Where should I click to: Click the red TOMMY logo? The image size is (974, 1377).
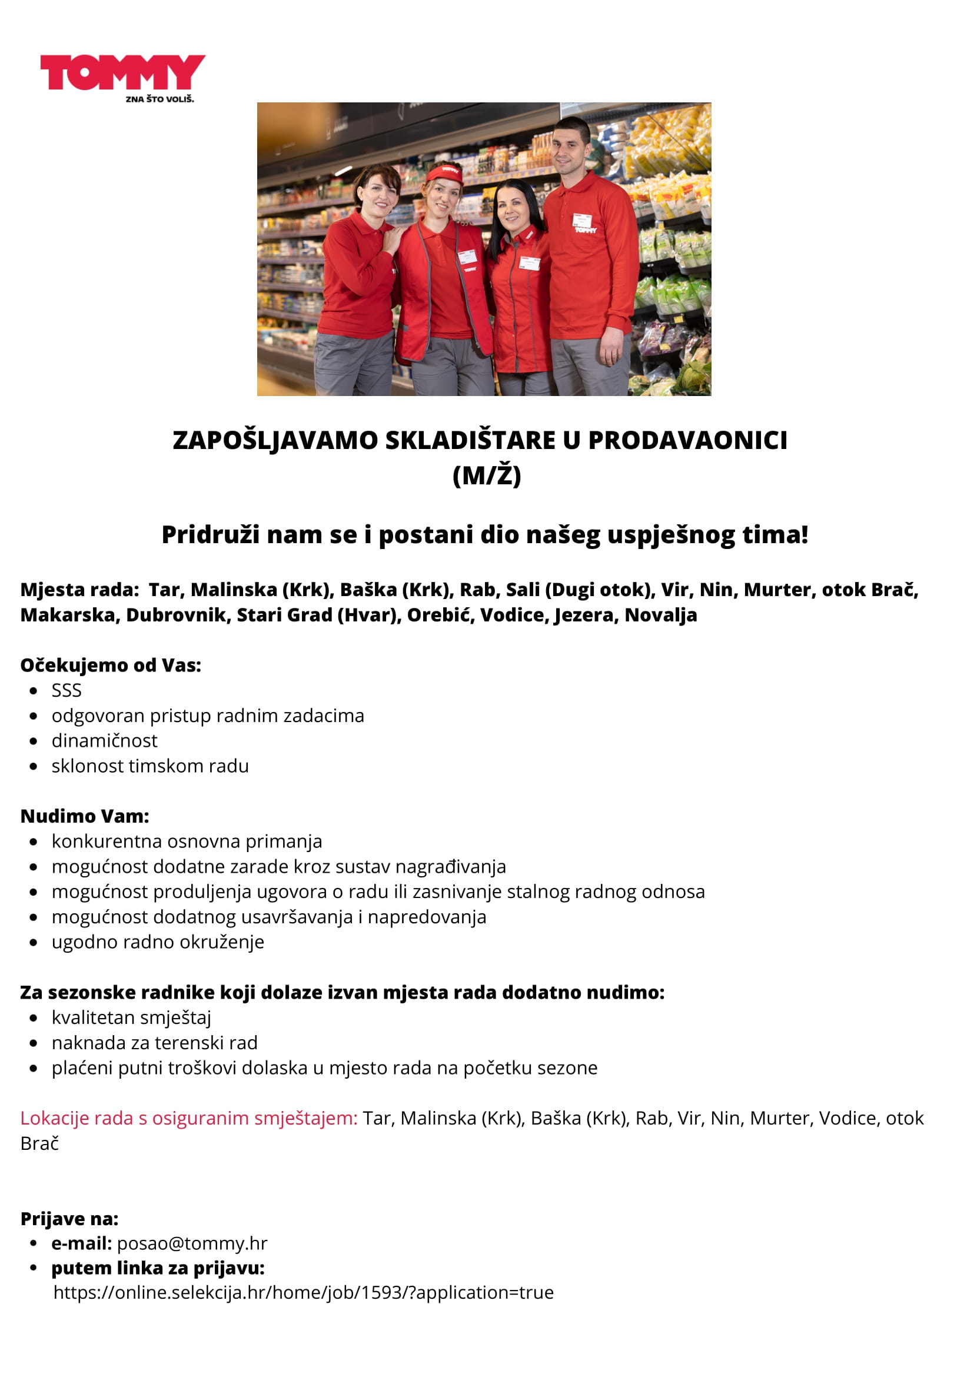122,72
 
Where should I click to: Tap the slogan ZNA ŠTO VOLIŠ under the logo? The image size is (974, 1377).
159,99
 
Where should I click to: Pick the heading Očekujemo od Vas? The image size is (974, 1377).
111,665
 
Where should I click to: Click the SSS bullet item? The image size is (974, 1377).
67,691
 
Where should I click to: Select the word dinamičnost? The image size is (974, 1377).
104,741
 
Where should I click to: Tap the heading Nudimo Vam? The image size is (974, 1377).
85,816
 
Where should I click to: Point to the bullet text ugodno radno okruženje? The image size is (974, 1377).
158,942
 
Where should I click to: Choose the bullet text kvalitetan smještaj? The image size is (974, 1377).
131,1018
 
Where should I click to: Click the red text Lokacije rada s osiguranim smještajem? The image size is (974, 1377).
189,1119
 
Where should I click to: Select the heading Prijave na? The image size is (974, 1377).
69,1219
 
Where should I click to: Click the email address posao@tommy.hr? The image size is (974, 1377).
192,1244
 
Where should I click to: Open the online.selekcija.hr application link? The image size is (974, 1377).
304,1292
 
